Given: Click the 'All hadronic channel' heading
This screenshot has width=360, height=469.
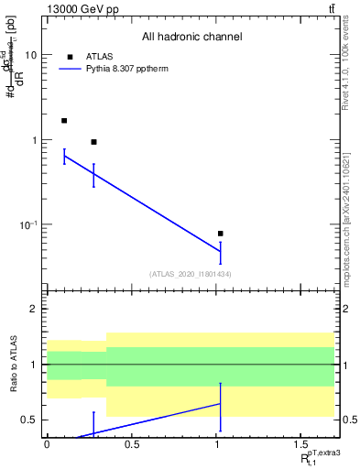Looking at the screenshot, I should click(x=191, y=37).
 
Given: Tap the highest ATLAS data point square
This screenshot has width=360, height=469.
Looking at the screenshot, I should click(x=64, y=121).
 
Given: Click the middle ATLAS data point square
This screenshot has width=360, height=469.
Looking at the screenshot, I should click(x=93, y=142).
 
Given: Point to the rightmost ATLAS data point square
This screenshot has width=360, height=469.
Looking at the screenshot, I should click(x=220, y=234).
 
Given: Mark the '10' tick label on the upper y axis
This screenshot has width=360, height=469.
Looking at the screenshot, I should click(x=30, y=55).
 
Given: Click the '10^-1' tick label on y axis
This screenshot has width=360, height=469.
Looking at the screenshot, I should click(x=28, y=224).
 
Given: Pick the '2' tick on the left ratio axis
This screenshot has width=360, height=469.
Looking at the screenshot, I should click(x=34, y=309).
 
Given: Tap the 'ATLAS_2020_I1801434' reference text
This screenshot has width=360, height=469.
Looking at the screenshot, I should click(x=191, y=274).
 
